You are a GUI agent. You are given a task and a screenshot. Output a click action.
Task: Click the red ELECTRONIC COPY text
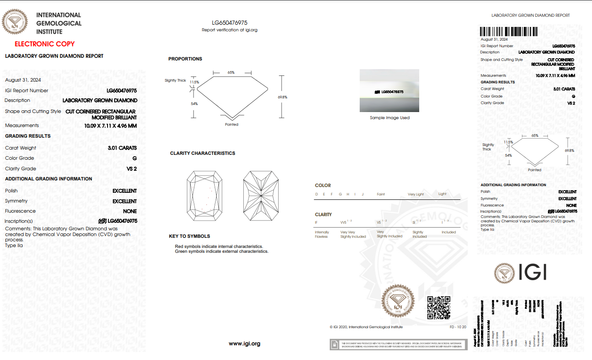pyautogui.click(x=45, y=44)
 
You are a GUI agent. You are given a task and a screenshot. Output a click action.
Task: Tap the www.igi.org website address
pyautogui.click(x=244, y=344)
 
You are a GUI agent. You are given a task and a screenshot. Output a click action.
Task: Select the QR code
pyautogui.click(x=439, y=307)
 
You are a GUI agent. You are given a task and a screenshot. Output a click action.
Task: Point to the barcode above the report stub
pyautogui.click(x=509, y=32)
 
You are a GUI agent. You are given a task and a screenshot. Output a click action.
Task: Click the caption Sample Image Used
pyautogui.click(x=390, y=118)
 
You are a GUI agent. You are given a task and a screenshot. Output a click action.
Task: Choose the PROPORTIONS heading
pyautogui.click(x=185, y=59)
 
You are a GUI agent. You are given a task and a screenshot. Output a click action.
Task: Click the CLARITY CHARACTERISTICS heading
pyautogui.click(x=202, y=153)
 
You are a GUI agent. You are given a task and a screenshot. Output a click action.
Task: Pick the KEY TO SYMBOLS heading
pyautogui.click(x=189, y=236)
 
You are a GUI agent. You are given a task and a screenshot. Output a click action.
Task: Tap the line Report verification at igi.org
pyautogui.click(x=229, y=30)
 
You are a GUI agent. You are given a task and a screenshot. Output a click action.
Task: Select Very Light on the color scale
pyautogui.click(x=416, y=194)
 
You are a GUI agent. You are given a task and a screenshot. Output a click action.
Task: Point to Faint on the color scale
pyautogui.click(x=381, y=194)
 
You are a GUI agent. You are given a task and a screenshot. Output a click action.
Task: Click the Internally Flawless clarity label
pyautogui.click(x=322, y=234)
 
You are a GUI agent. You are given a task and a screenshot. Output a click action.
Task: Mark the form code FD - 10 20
pyautogui.click(x=458, y=327)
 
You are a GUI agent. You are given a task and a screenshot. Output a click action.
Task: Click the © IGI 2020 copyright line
pyautogui.click(x=366, y=327)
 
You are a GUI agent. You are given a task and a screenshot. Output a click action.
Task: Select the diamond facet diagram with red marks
pyautogui.click(x=205, y=196)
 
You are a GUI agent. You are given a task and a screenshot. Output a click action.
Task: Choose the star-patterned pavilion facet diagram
pyautogui.click(x=261, y=196)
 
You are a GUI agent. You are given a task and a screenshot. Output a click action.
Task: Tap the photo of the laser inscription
pyautogui.click(x=389, y=91)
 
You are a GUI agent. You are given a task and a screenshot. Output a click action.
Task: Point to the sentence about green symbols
pyautogui.click(x=222, y=251)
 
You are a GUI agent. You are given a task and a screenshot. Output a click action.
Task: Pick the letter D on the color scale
pyautogui.click(x=316, y=194)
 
